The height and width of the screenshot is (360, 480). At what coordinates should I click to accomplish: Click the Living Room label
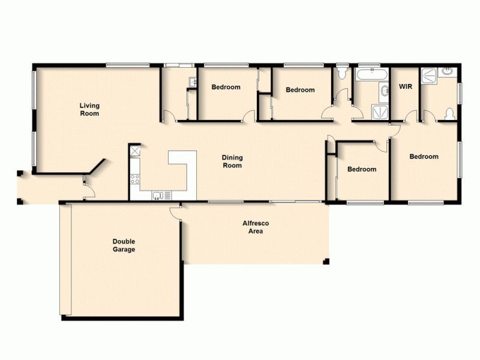(x=89, y=109)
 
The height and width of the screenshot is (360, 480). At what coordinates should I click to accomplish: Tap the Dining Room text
(x=232, y=161)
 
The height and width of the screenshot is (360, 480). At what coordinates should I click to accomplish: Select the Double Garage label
(x=124, y=245)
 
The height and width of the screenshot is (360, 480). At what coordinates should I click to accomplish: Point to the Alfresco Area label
(x=252, y=227)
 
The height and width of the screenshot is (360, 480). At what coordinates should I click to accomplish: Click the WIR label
(x=405, y=87)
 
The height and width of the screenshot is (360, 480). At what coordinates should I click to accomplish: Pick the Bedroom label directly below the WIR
(x=424, y=157)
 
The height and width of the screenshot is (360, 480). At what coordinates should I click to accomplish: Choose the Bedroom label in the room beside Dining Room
(x=362, y=169)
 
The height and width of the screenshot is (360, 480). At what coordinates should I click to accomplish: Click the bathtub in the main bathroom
(x=371, y=75)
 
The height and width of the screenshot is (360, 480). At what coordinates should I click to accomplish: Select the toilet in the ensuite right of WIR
(x=449, y=112)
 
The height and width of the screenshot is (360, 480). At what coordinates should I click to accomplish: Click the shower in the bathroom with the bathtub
(x=379, y=112)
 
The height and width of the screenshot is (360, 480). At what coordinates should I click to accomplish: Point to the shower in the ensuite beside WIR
(x=430, y=75)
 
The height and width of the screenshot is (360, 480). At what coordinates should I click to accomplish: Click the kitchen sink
(x=160, y=194)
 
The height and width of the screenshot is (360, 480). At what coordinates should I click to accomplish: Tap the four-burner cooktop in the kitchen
(x=135, y=178)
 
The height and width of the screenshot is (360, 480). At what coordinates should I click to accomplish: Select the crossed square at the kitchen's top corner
(x=135, y=151)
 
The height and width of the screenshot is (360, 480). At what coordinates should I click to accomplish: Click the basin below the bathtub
(x=383, y=92)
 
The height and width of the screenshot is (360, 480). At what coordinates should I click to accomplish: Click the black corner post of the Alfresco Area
(x=326, y=261)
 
